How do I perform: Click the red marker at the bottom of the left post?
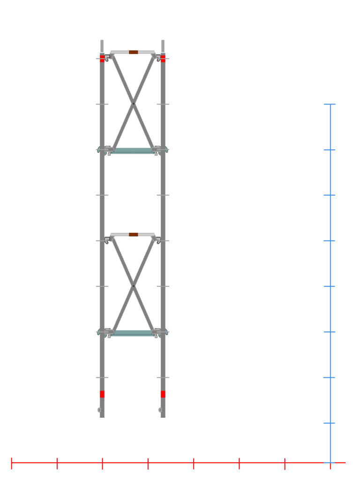tap(102, 394)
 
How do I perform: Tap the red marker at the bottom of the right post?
tap(163, 394)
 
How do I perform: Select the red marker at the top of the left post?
tap(102, 58)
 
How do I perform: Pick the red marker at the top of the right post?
tap(163, 58)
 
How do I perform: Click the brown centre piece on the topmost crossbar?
tap(133, 52)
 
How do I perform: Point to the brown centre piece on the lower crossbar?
tap(133, 234)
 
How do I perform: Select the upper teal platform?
tap(133, 150)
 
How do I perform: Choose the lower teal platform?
tap(133, 333)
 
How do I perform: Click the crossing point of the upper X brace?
tap(134, 103)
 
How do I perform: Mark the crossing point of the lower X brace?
tap(134, 285)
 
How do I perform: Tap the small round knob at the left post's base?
tap(99, 410)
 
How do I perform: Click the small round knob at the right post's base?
tap(160, 410)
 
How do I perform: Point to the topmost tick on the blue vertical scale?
tap(330, 104)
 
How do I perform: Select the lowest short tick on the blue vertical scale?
tap(330, 423)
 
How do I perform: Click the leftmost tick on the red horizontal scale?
tap(11, 463)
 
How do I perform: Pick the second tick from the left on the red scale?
tap(57, 463)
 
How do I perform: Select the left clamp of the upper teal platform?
tap(108, 150)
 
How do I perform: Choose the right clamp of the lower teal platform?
tap(158, 332)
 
